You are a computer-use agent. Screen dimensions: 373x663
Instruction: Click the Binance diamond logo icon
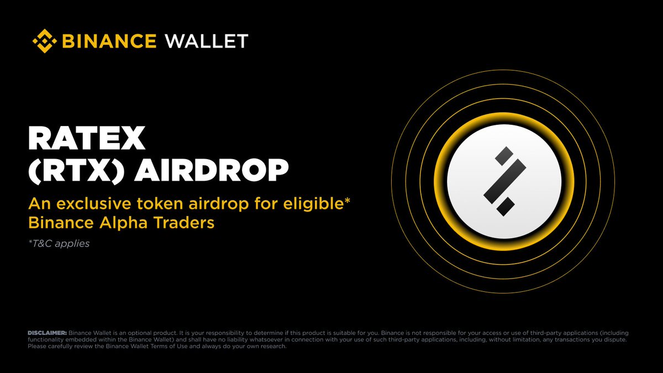pos(44,41)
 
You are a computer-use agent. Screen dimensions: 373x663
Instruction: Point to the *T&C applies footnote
pos(59,243)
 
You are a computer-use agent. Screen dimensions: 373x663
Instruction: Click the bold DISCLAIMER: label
pos(47,333)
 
